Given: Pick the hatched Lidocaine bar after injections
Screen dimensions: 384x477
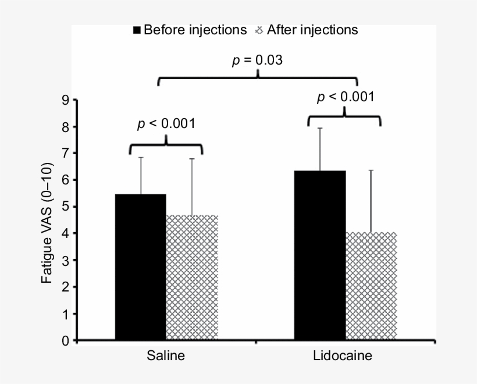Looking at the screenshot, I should point(371,286).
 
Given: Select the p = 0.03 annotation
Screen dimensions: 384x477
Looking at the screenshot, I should point(257,60).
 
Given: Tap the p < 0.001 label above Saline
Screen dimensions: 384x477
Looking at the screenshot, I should point(166,123).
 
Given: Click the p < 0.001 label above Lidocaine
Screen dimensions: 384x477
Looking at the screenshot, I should point(344,97).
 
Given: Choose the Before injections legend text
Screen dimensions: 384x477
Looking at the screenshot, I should point(195,30).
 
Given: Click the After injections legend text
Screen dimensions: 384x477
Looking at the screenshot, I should point(312,30).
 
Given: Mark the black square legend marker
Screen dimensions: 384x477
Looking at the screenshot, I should point(137,30).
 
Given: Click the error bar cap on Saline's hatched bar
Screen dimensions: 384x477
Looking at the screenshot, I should point(192,159).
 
